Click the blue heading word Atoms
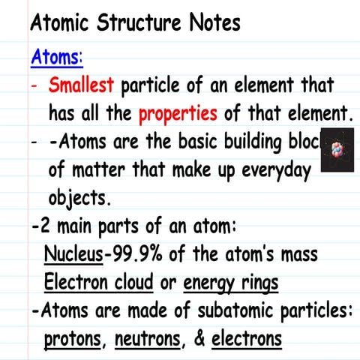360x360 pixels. [56, 57]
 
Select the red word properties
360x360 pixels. [178, 114]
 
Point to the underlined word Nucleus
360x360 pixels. [73, 255]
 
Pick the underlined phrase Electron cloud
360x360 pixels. [98, 283]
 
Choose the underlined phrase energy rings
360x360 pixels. [231, 283]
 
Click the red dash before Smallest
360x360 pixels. [34, 85]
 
